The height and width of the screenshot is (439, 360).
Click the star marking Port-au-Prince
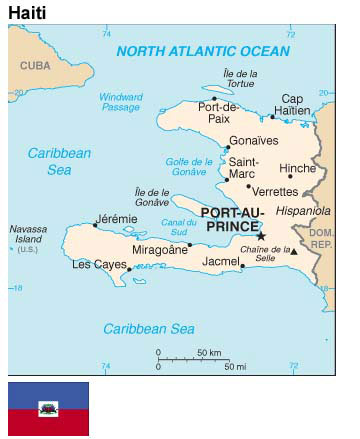click(261, 236)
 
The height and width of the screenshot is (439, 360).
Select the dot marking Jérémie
click(96, 225)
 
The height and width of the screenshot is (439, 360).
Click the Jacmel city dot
click(243, 266)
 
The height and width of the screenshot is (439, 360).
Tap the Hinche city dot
click(290, 176)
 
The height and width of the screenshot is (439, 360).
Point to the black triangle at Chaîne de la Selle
click(294, 252)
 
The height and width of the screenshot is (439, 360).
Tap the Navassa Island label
click(27, 239)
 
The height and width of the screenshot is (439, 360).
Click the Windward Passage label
click(120, 101)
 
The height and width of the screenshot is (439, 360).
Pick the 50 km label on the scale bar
click(208, 353)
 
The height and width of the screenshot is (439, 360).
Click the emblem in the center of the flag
click(48, 408)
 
